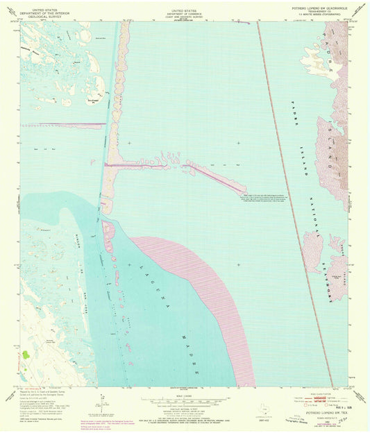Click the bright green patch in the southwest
26,354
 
